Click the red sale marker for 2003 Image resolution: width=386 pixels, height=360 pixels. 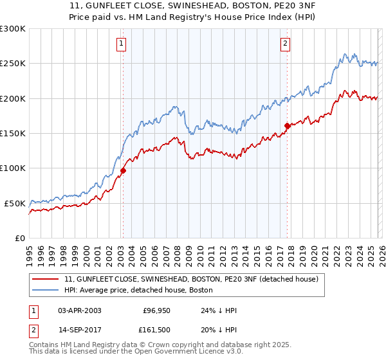[x=123, y=170]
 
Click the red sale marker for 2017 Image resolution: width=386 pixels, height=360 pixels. [x=287, y=126]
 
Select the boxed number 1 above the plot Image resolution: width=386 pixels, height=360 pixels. [x=122, y=44]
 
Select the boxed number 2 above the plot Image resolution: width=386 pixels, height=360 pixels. [x=285, y=44]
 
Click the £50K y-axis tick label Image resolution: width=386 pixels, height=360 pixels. [x=15, y=203]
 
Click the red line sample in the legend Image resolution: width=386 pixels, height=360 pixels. [x=46, y=280]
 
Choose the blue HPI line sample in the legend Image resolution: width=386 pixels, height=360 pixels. [x=46, y=291]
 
